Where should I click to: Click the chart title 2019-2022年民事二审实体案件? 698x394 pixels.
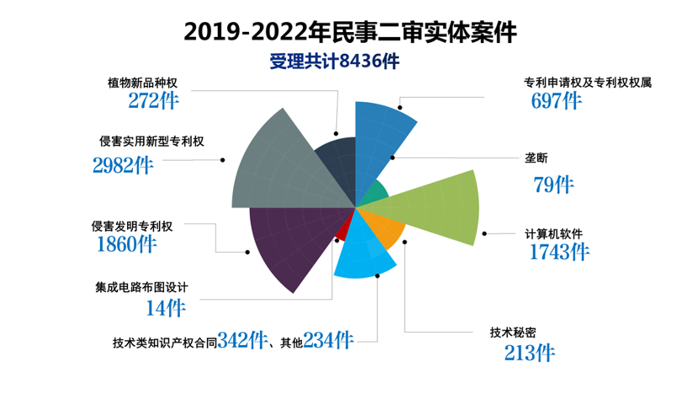[349, 32]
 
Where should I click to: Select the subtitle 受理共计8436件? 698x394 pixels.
[334, 61]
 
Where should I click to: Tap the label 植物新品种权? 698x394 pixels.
[142, 83]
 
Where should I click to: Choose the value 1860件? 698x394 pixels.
[126, 245]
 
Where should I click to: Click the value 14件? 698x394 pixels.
[166, 308]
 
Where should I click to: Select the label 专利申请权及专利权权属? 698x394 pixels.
[588, 83]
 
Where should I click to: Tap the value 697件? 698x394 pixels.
[556, 101]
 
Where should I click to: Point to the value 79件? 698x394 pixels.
[553, 184]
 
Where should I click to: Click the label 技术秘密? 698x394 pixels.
[513, 332]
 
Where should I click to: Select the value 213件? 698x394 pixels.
[529, 352]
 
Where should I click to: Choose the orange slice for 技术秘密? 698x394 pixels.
[387, 227]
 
